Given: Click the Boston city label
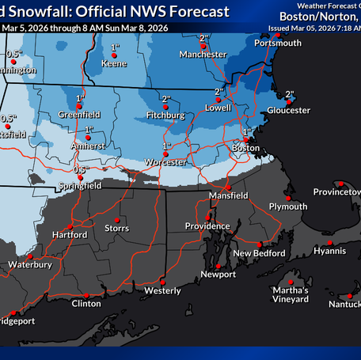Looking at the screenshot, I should (245, 148).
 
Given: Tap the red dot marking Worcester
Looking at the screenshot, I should (166, 153).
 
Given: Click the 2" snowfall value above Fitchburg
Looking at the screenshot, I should (166, 99).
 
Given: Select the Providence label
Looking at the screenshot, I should (207, 226).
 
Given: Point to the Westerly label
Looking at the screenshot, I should (162, 290).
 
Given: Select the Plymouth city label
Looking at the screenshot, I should (288, 207).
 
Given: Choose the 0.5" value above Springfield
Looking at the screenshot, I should (79, 169).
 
